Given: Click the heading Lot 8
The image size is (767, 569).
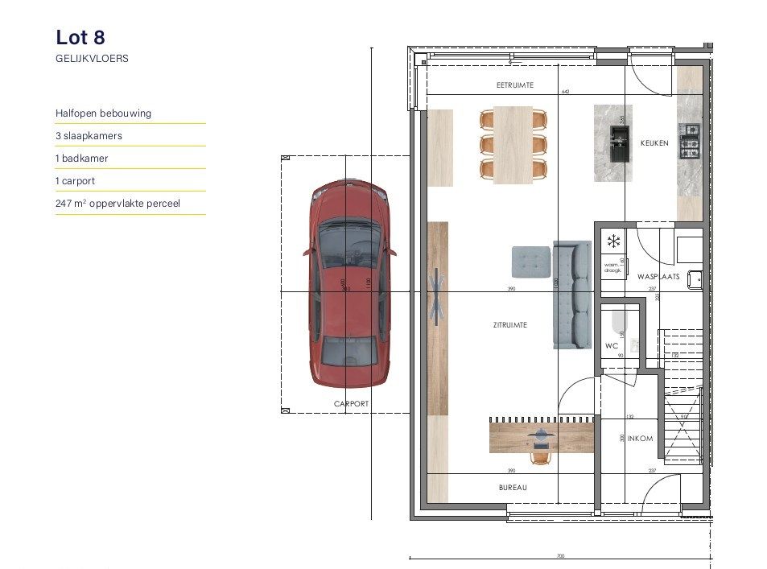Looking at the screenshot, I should [x=80, y=37].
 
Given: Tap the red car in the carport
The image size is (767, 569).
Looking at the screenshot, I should [x=349, y=282].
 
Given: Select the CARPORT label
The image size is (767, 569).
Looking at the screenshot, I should [x=351, y=404].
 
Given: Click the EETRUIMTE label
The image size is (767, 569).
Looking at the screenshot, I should [x=515, y=85].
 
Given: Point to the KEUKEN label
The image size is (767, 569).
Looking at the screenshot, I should [x=654, y=143].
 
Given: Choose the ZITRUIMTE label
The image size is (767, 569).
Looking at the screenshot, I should [x=510, y=325].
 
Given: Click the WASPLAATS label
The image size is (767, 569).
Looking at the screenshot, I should [x=658, y=276].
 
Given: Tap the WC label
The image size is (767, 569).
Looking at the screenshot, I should [x=612, y=346].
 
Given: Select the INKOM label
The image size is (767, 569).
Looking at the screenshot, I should [x=640, y=439].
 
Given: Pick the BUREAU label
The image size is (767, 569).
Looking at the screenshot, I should [x=512, y=488].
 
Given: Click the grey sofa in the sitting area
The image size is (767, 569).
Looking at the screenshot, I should [x=571, y=295].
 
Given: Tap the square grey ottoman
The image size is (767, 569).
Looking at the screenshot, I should [x=531, y=262].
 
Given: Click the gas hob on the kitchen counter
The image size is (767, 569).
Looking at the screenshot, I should [x=690, y=141].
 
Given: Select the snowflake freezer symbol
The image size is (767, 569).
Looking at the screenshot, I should [x=613, y=241].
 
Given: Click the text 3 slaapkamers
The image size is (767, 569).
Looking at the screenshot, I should [x=89, y=136].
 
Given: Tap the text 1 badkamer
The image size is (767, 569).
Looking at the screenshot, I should [x=81, y=159].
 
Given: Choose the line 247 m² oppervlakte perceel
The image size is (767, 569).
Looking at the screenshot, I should [x=118, y=204].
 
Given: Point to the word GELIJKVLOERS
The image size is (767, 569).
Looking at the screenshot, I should [x=92, y=59].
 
